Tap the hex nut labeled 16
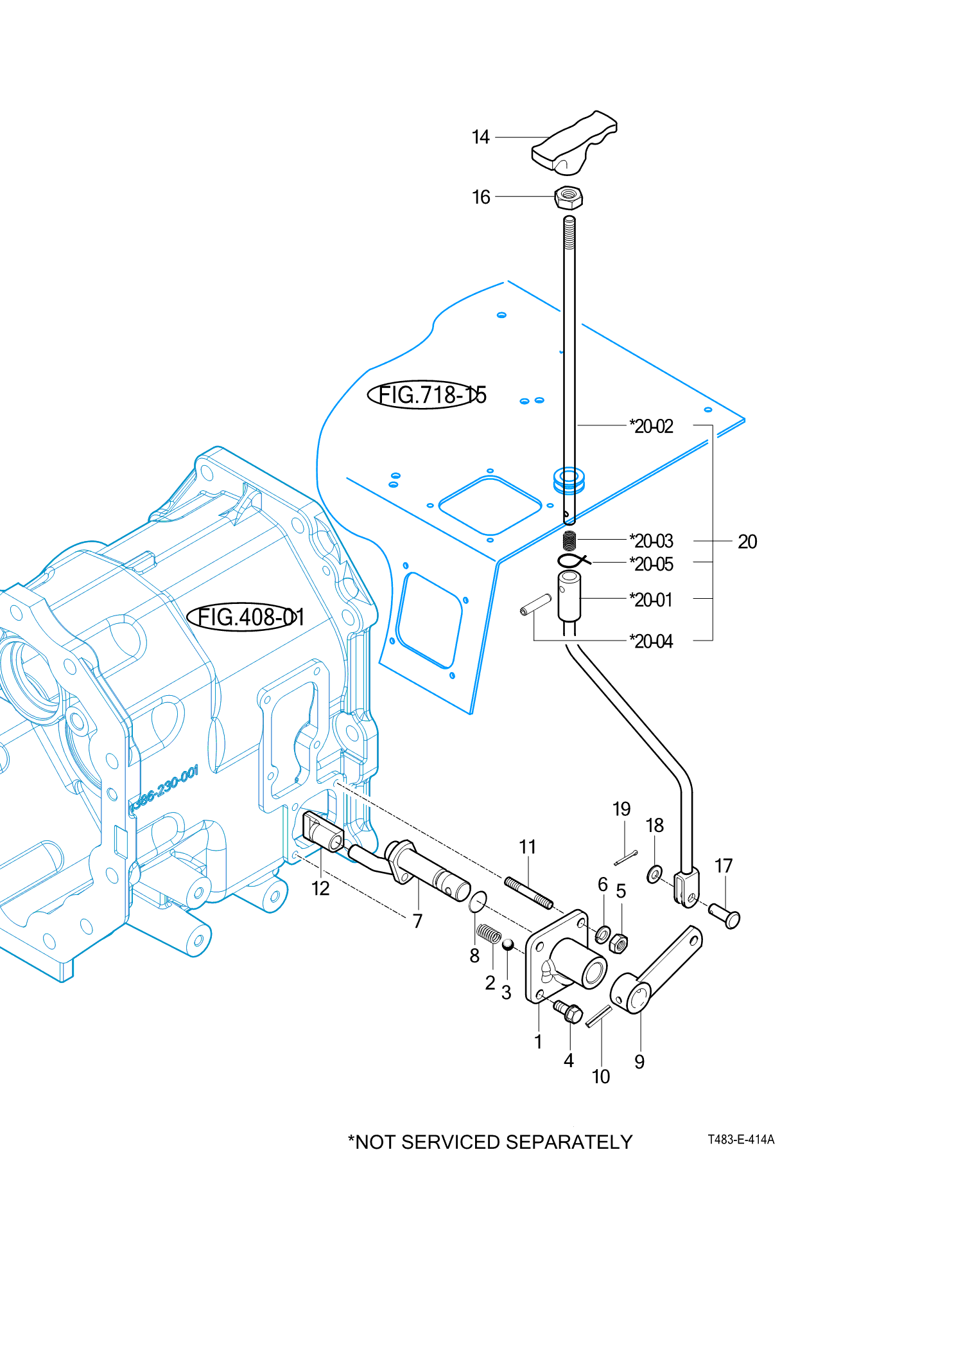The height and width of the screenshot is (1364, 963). [569, 197]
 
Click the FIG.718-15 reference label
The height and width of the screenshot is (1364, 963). [427, 394]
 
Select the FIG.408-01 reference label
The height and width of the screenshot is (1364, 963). [246, 617]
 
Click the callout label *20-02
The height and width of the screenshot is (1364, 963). [651, 427]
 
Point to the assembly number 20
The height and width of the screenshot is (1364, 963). [747, 542]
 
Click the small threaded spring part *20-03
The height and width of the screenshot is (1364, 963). [569, 540]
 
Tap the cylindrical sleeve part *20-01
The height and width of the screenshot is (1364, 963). [569, 596]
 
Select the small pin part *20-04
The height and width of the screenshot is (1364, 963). [535, 605]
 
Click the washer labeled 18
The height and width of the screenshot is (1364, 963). [654, 874]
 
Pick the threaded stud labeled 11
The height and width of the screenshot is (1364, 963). [528, 893]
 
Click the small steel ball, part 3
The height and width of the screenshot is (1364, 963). [507, 944]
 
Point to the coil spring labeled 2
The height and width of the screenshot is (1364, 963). [489, 934]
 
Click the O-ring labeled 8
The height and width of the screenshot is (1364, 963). [478, 901]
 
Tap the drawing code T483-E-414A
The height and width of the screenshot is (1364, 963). [741, 1139]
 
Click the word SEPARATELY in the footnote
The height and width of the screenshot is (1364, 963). [569, 1142]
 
